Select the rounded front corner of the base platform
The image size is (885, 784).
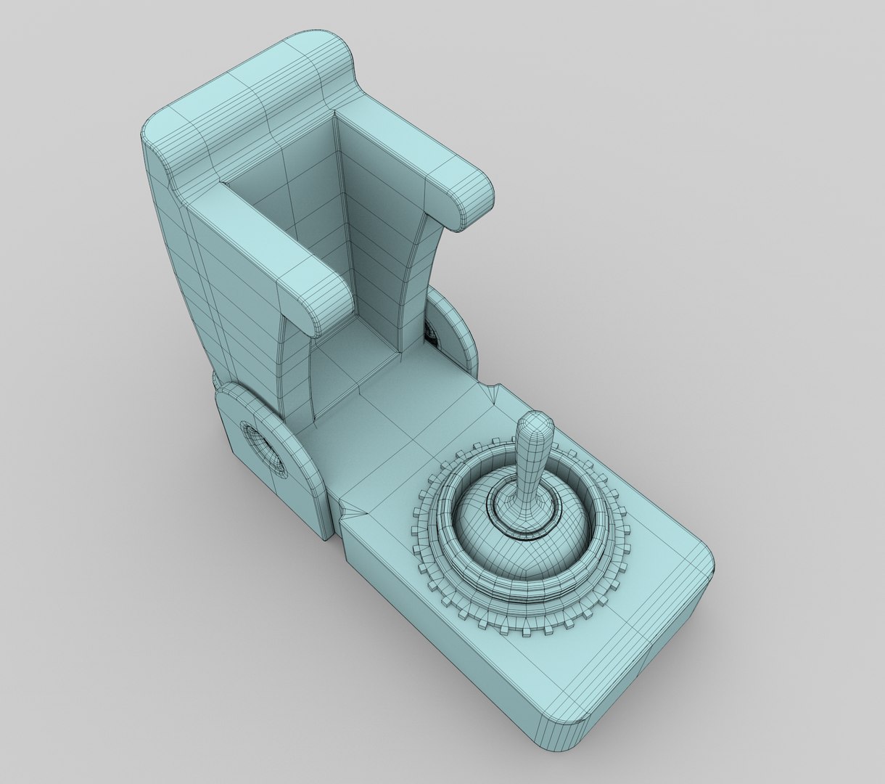[x=573, y=755]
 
